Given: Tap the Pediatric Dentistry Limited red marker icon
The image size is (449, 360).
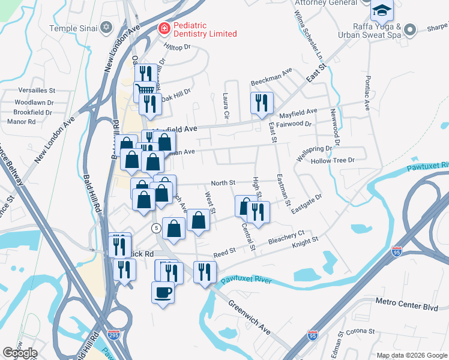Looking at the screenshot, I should [x=163, y=28].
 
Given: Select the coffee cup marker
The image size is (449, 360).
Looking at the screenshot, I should [x=163, y=293].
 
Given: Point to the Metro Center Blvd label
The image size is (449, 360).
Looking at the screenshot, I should [x=407, y=306].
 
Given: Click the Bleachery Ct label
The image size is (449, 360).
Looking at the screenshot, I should [x=288, y=234].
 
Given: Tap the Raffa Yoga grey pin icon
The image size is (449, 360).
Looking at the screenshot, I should [x=410, y=29].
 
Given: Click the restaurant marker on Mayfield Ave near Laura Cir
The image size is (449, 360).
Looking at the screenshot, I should [x=262, y=103].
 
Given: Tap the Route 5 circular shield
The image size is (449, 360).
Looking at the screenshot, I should [x=155, y=228].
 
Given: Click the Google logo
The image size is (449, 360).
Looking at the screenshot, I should [x=20, y=353].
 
